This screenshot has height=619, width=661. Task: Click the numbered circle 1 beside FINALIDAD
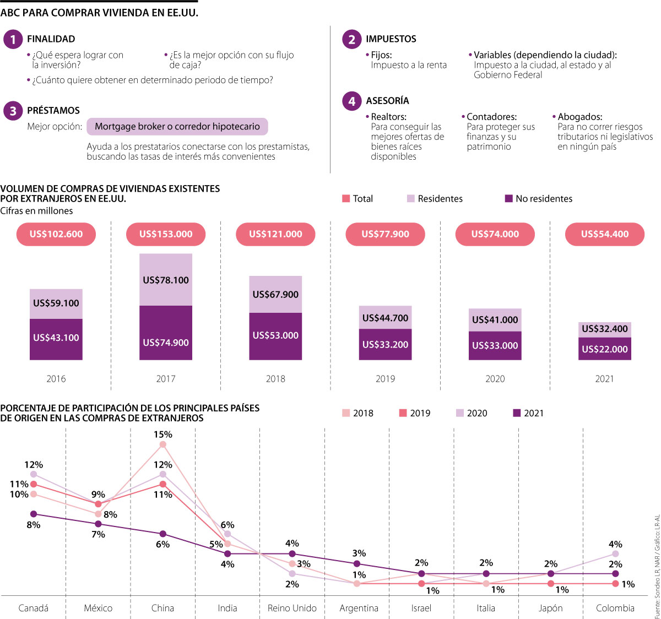13,39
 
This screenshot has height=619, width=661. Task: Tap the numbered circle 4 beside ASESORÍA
351,101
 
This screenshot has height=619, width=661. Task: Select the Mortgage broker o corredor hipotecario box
177,127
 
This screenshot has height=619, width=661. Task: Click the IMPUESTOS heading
391,39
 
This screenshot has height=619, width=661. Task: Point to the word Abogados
579,117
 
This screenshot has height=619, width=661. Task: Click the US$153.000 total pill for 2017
166,234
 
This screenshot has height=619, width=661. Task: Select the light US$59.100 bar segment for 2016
56,303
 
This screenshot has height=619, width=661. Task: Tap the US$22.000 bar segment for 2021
605,349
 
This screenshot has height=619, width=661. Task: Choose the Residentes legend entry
435,199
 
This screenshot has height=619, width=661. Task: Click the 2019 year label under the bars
386,379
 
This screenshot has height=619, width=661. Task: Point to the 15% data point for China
163,444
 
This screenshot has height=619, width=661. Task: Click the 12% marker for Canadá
34,474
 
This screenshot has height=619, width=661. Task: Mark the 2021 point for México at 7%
98,524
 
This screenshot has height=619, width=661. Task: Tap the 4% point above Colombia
615,553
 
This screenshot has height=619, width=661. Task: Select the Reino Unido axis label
292,608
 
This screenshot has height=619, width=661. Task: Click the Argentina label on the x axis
359,608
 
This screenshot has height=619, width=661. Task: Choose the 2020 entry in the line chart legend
472,413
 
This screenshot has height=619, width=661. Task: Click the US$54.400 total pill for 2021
605,234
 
